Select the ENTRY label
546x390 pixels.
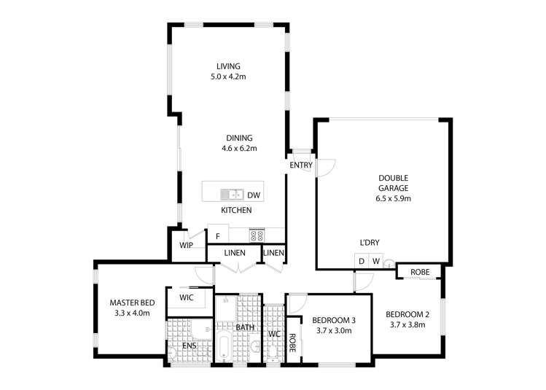[x=300, y=165]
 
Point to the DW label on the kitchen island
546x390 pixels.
[x=253, y=195]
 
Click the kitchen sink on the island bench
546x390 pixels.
[x=231, y=195]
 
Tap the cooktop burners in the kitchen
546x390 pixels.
[x=257, y=235]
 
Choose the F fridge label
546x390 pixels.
[x=217, y=236]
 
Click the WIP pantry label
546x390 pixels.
[x=187, y=245]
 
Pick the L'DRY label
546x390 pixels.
[x=369, y=243]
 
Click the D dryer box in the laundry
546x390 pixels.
[x=361, y=262]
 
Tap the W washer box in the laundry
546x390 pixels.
[x=376, y=262]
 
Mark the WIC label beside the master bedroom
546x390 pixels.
[x=187, y=297]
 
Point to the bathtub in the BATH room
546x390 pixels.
[x=224, y=346]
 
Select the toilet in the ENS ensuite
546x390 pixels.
[x=172, y=354]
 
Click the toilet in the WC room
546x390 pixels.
[x=273, y=354]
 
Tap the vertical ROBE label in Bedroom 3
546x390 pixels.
[x=292, y=343]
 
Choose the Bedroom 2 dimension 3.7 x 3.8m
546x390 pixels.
[x=405, y=324]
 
